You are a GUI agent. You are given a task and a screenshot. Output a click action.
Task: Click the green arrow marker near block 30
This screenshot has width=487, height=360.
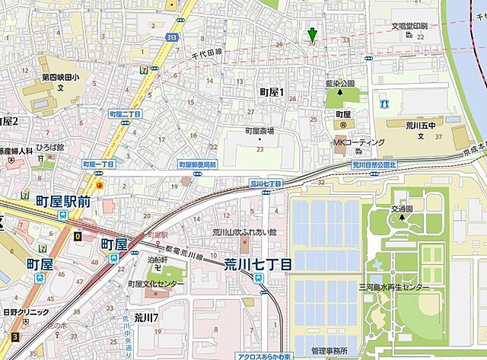pyautogui.click(x=312, y=34)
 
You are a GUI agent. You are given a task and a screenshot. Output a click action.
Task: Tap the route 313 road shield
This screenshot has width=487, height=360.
pyautogui.click(x=173, y=37)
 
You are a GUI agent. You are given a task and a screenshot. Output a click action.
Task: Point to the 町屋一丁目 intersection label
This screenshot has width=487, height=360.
pyautogui.click(x=97, y=164)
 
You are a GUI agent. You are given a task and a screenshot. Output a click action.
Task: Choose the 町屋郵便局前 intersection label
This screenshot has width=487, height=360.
pyautogui.click(x=197, y=164)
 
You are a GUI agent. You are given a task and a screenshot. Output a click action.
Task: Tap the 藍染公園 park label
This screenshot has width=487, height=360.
pyautogui.click(x=339, y=84)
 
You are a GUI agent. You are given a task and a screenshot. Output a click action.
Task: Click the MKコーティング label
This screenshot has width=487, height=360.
pyautogui.click(x=358, y=142)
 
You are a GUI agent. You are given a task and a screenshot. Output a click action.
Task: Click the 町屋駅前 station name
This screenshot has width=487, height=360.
pyautogui.click(x=63, y=201)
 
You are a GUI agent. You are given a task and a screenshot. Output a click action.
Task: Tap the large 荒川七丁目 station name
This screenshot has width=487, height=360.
pyautogui.click(x=257, y=264)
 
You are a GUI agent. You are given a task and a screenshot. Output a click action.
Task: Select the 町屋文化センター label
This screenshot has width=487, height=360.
pyautogui.click(x=156, y=283)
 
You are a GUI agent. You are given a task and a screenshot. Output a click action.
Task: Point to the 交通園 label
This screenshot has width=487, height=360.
pyautogui.click(x=402, y=209)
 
